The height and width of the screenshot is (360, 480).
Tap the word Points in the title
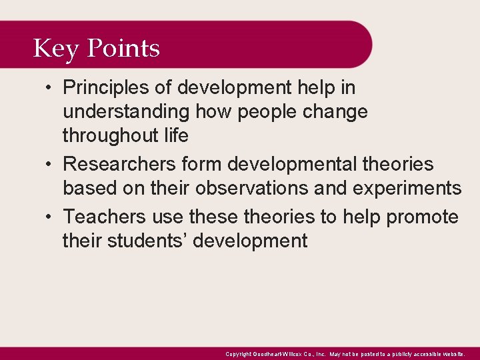pyautogui.click(x=123, y=49)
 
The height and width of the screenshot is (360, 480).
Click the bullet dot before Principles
pyautogui.click(x=51, y=87)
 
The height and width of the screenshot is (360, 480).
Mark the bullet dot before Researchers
pyautogui.click(x=51, y=164)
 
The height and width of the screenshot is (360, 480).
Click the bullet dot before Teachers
pyautogui.click(x=51, y=217)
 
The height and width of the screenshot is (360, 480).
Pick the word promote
pyautogui.click(x=423, y=217)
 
